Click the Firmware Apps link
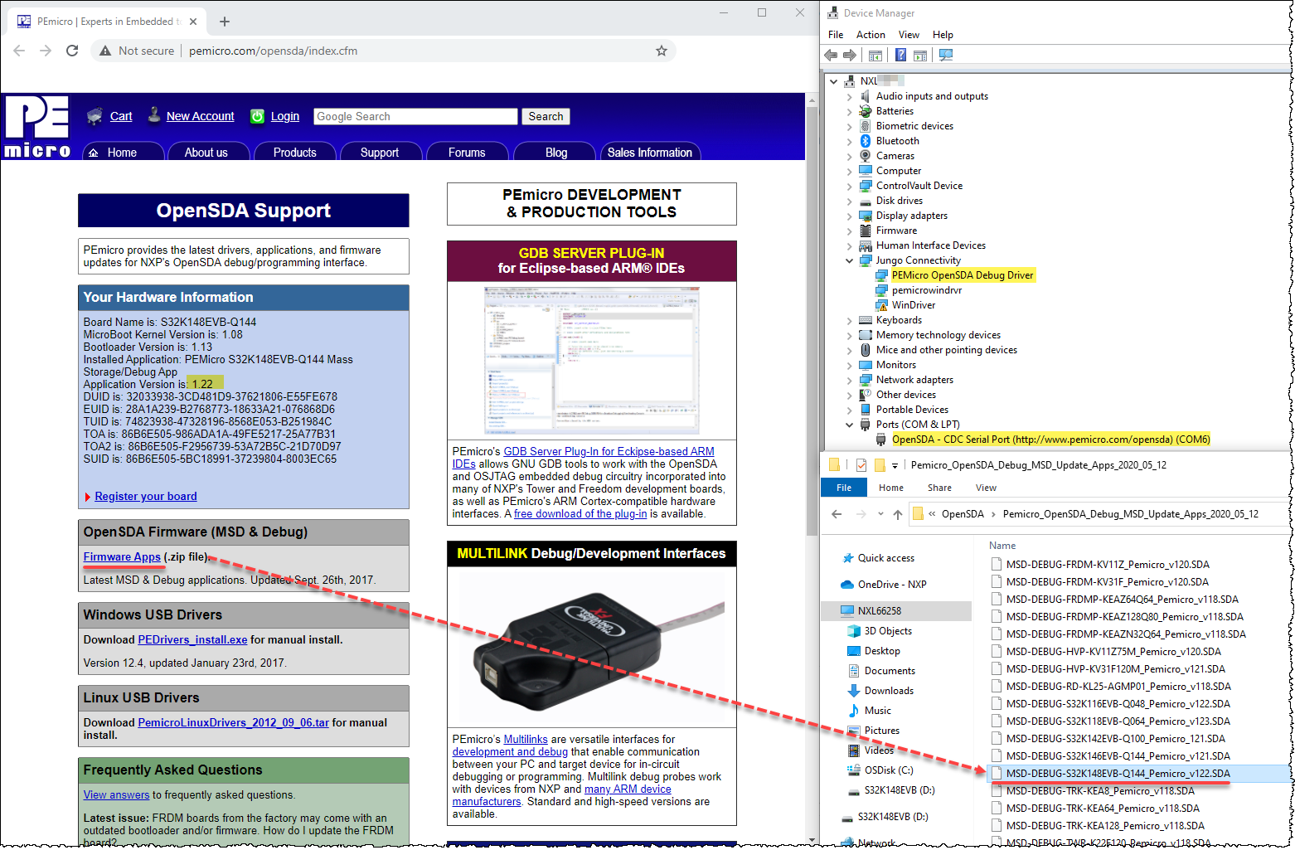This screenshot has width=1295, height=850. pos(122,556)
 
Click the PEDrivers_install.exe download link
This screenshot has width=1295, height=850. pos(192,639)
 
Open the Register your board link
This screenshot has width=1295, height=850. pos(145,496)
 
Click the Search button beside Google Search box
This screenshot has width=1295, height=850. pos(546,117)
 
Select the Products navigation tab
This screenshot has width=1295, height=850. pos(294,153)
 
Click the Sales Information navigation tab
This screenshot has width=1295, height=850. pos(649,153)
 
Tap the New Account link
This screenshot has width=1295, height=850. pos(200,117)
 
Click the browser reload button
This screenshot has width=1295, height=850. pos(72,51)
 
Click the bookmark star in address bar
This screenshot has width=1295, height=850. pos(661,51)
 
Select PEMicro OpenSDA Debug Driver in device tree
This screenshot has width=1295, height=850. pos(962,275)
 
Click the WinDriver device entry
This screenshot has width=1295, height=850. pos(913,305)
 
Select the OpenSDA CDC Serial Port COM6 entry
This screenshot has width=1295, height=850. pos(1050,440)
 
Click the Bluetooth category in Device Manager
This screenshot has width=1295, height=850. pos(897,141)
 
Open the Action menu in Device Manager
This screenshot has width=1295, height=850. pos(871,35)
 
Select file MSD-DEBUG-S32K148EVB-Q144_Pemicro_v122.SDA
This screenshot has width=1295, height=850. pos(1118,774)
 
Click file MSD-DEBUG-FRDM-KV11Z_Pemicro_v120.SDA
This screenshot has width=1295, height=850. pos(1107,565)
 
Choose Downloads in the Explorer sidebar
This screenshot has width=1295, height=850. pos(889,691)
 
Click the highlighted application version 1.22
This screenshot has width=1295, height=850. pos(202,384)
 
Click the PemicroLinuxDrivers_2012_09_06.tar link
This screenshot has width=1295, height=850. pos(233,722)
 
